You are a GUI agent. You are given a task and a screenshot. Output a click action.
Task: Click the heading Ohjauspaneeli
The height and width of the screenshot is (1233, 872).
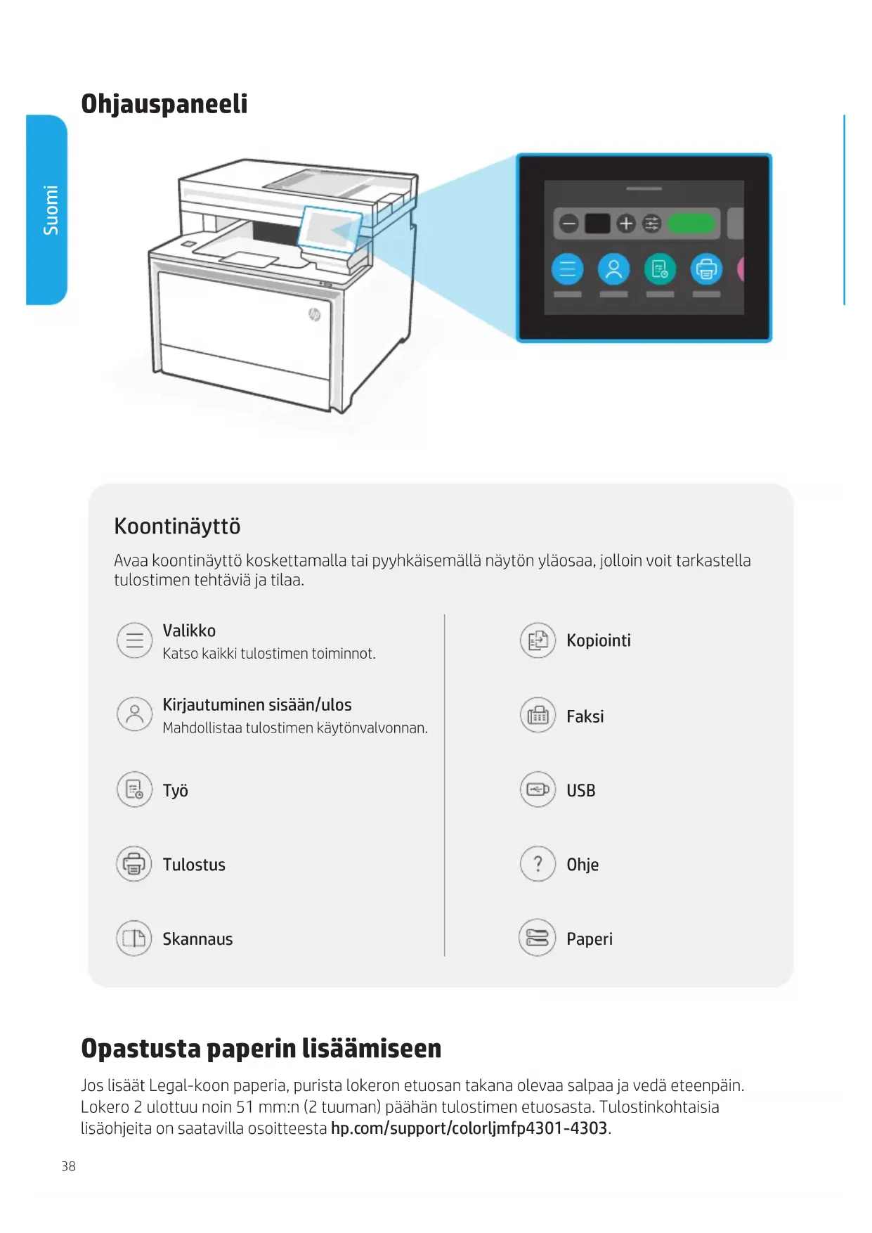pos(164,104)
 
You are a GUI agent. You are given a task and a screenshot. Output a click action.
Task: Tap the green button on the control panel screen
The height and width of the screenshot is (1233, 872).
pos(691,224)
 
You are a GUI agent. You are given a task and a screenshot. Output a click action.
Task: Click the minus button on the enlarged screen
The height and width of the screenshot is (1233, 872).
pos(568,224)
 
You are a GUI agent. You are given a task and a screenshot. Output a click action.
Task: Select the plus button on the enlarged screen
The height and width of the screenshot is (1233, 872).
pos(625,224)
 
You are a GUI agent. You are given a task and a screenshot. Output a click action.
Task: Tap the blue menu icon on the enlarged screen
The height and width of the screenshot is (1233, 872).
pos(567,269)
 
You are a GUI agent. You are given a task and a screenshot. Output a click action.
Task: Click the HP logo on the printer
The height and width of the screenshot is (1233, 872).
pos(315,314)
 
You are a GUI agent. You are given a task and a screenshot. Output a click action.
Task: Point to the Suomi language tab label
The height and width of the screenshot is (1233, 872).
pos(51,209)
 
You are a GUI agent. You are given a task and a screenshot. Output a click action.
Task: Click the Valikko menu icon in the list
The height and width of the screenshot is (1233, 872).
pos(134,640)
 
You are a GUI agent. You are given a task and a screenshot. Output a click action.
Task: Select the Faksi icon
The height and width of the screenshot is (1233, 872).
pos(538,716)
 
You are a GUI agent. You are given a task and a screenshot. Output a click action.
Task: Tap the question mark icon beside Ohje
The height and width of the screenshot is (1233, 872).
pos(538,864)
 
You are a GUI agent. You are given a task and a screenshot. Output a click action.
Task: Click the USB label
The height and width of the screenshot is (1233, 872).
pos(580,791)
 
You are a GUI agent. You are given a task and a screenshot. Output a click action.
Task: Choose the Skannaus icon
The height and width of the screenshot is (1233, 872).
pos(134,938)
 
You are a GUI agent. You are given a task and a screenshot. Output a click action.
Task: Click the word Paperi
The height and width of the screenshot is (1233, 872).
pos(589,939)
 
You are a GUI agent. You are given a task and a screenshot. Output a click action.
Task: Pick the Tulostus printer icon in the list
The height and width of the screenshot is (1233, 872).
pos(134,864)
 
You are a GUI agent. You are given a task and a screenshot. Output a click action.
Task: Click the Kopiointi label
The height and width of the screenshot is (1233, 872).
pos(598,640)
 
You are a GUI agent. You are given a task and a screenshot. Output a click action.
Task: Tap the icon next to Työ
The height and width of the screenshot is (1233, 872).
pos(134,790)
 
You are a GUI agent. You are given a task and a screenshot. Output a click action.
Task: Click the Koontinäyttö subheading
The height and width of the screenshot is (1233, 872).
pos(177,527)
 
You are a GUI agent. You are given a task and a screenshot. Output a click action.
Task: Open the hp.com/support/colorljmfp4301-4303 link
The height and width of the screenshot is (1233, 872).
pos(469,1128)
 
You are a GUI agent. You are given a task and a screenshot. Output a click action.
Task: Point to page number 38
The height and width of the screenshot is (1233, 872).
pos(68,1166)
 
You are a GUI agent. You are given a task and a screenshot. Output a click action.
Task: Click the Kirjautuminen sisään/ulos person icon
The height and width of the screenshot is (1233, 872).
pos(134,714)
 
